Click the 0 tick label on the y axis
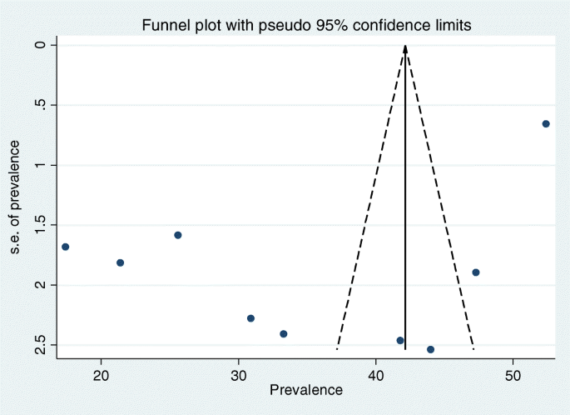[x=40, y=44]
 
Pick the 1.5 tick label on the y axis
[x=40, y=225]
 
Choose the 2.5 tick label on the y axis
[x=40, y=345]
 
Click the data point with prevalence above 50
[x=546, y=123]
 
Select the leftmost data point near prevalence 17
[x=66, y=247]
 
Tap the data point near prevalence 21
[x=120, y=262]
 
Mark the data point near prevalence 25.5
[x=178, y=235]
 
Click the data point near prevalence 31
[x=250, y=318]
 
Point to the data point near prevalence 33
[x=284, y=333]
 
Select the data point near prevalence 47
[x=476, y=272]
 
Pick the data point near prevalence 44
[x=430, y=349]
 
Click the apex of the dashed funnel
[x=405, y=46]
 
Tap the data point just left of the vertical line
[x=400, y=340]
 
